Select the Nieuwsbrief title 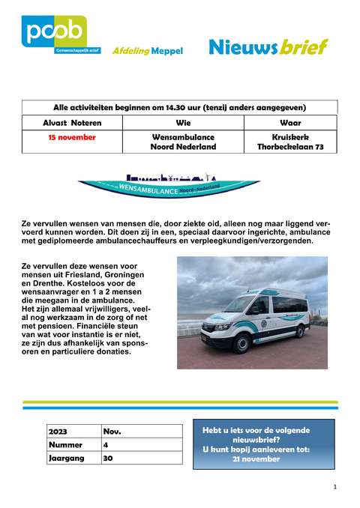pos(268,46)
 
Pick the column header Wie pos(183,122)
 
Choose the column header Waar pos(289,122)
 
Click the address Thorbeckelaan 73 pos(289,147)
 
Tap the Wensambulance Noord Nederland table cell pos(183,142)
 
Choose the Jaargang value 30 pos(108,457)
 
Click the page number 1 pos(334,487)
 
